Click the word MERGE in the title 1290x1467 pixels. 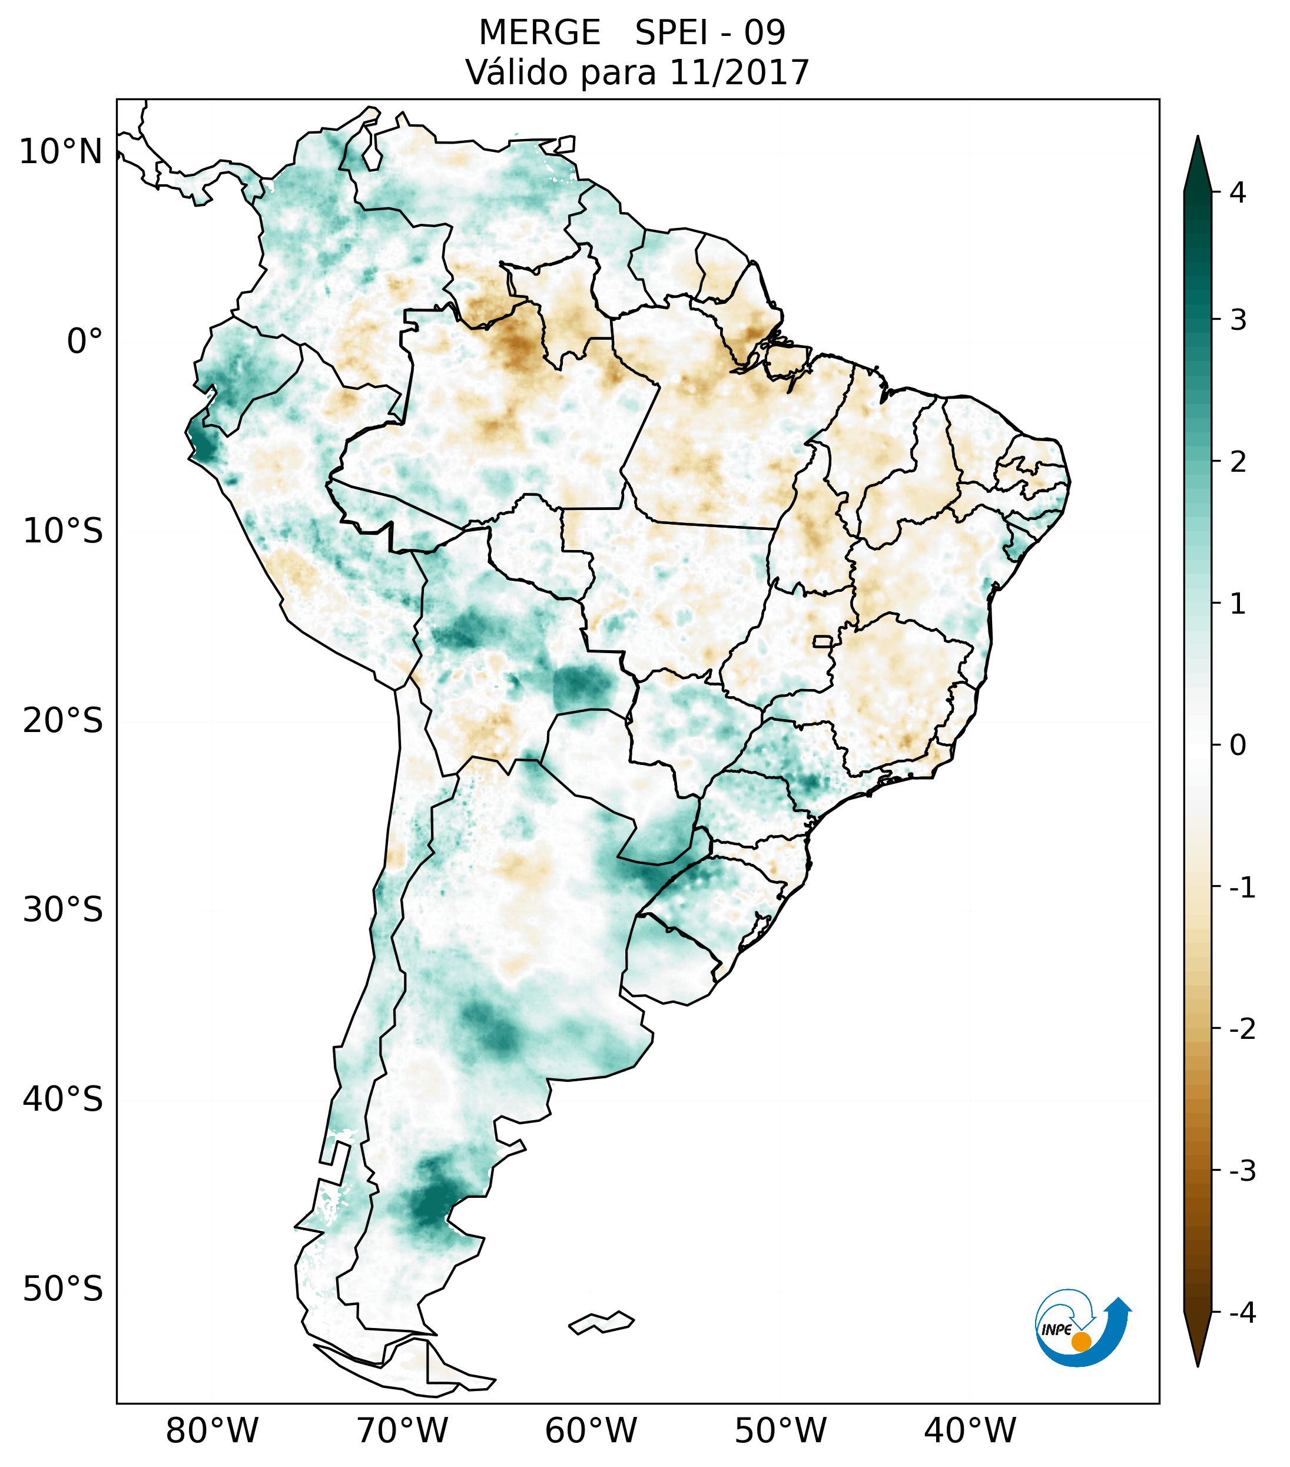[x=539, y=33]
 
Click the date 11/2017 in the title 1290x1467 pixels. [x=739, y=72]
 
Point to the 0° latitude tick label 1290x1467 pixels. [x=85, y=342]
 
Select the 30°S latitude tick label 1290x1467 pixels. [x=63, y=910]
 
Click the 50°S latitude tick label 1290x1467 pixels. [x=63, y=1290]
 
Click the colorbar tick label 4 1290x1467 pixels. [x=1237, y=193]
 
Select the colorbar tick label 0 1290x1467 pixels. [x=1237, y=746]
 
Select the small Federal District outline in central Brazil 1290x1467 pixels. [x=823, y=641]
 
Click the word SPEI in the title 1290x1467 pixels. [x=671, y=33]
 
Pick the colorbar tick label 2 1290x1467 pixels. [x=1237, y=462]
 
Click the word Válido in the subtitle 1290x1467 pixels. [x=518, y=72]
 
